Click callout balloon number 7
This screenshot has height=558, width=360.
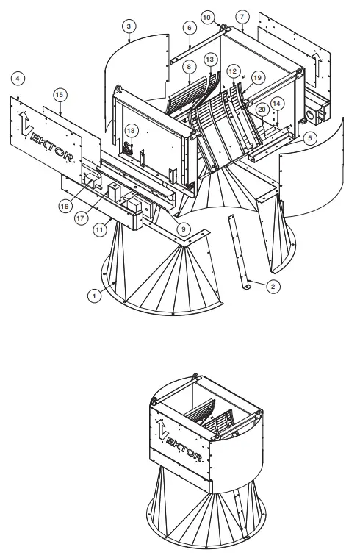coord(242,15)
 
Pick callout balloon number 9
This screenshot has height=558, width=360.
coord(181,229)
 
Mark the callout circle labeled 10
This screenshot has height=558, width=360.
coord(206,15)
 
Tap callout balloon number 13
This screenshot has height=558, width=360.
coord(210,58)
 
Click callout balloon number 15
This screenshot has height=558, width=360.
coord(60,95)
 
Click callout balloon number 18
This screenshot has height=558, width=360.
coord(131,130)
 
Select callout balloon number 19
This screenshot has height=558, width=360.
coord(256,76)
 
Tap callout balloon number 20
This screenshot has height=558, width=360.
coord(262,110)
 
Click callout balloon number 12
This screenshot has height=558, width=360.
coord(234,71)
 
